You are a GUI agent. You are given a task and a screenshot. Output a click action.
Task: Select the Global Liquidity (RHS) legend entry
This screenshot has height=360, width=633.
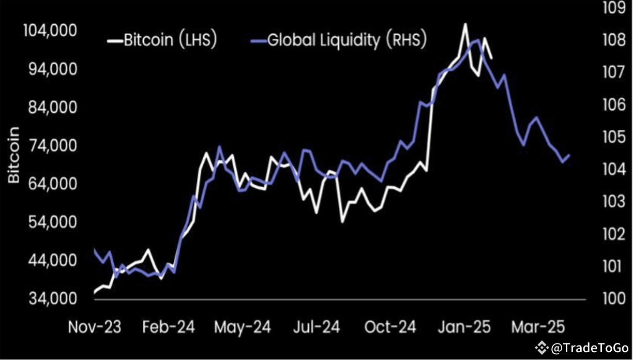pyautogui.click(x=346, y=40)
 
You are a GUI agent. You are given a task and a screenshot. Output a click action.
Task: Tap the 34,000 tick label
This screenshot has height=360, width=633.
pyautogui.click(x=49, y=299)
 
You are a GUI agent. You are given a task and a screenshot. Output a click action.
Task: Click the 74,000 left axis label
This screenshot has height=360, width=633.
pyautogui.click(x=49, y=146)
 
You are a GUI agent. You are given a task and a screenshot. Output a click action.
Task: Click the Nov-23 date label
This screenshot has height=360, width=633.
pyautogui.click(x=95, y=327)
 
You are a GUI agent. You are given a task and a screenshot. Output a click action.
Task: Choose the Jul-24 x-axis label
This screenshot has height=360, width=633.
pyautogui.click(x=316, y=327)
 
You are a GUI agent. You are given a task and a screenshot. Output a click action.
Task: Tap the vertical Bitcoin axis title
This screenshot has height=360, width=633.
pyautogui.click(x=14, y=155)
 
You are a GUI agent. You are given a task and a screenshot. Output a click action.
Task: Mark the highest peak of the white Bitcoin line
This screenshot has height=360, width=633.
pyautogui.click(x=465, y=24)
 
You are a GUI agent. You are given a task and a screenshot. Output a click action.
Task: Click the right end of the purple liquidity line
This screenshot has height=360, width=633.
pyautogui.click(x=569, y=155)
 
